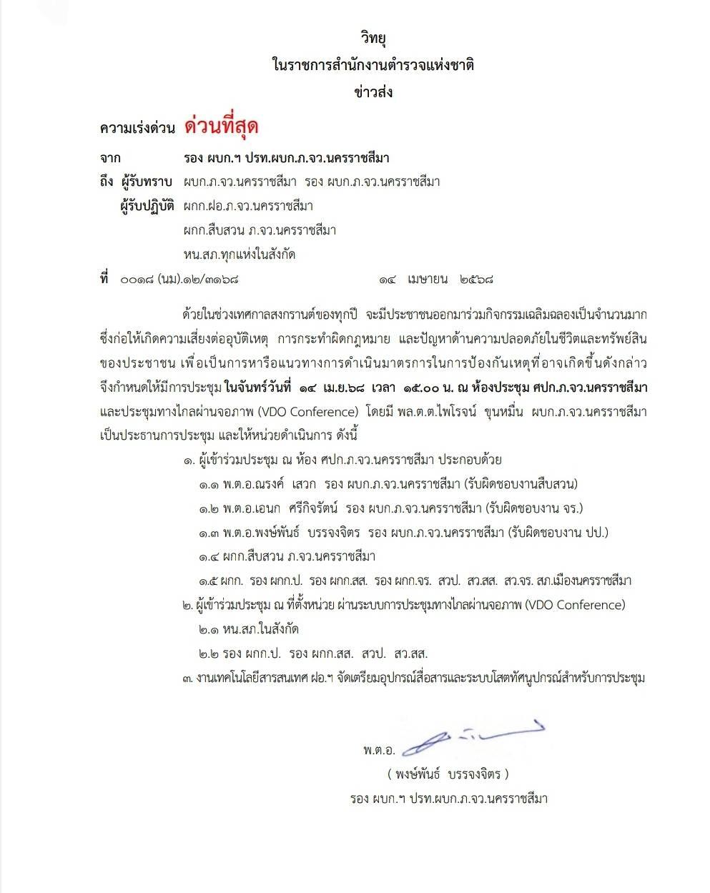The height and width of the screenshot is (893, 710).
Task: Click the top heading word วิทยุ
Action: pos(373,38)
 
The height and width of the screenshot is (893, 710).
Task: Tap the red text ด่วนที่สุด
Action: pos(221,127)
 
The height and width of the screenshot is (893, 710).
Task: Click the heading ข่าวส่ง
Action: pos(373,92)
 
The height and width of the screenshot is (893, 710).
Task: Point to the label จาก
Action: pos(110,157)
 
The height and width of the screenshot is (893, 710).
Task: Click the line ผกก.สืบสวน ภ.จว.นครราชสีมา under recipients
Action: pos(260,230)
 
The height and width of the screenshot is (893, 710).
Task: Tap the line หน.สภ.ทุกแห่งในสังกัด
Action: pos(240,255)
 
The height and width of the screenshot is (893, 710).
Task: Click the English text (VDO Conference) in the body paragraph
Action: pos(307,412)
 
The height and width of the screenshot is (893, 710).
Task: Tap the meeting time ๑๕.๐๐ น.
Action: pos(415,388)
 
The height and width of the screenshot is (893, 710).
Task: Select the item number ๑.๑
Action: pos(208,485)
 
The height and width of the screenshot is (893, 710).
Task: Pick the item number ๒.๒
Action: pos(208,653)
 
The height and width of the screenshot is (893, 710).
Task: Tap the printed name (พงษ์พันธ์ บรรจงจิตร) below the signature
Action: pos(447,774)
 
